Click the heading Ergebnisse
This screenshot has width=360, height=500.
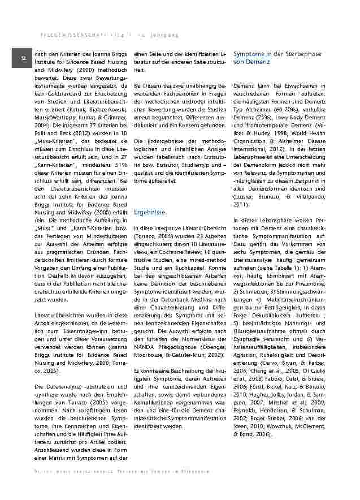[149, 212]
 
